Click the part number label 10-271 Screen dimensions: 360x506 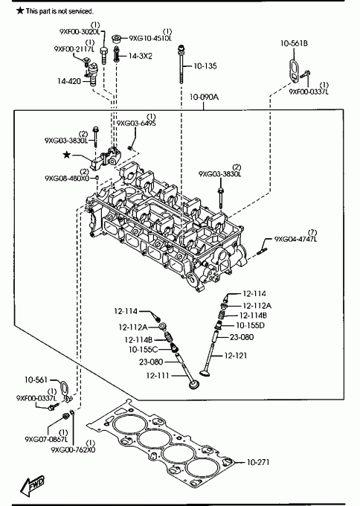[x=258, y=462]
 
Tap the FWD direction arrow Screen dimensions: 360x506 [x=32, y=485]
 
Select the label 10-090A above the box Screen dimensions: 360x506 [x=204, y=97]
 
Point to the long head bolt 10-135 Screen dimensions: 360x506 [x=181, y=64]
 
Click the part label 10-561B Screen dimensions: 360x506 [x=294, y=43]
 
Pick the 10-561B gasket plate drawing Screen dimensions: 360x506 [x=294, y=71]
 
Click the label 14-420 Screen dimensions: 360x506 [x=69, y=81]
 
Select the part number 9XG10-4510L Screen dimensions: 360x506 [x=151, y=38]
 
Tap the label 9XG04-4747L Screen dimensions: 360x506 [x=295, y=239]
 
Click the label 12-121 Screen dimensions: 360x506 [x=236, y=356]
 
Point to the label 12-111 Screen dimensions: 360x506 [x=158, y=376]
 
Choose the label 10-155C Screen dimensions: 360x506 [x=144, y=349]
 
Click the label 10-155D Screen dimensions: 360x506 [x=251, y=325]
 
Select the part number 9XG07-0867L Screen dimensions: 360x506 [x=46, y=439]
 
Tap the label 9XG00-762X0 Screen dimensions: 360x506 [x=73, y=449]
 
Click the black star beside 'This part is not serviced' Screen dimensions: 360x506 [x=20, y=10]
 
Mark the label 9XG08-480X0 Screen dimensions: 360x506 [x=67, y=178]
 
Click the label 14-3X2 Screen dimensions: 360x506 [x=141, y=56]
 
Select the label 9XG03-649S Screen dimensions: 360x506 [x=136, y=124]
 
